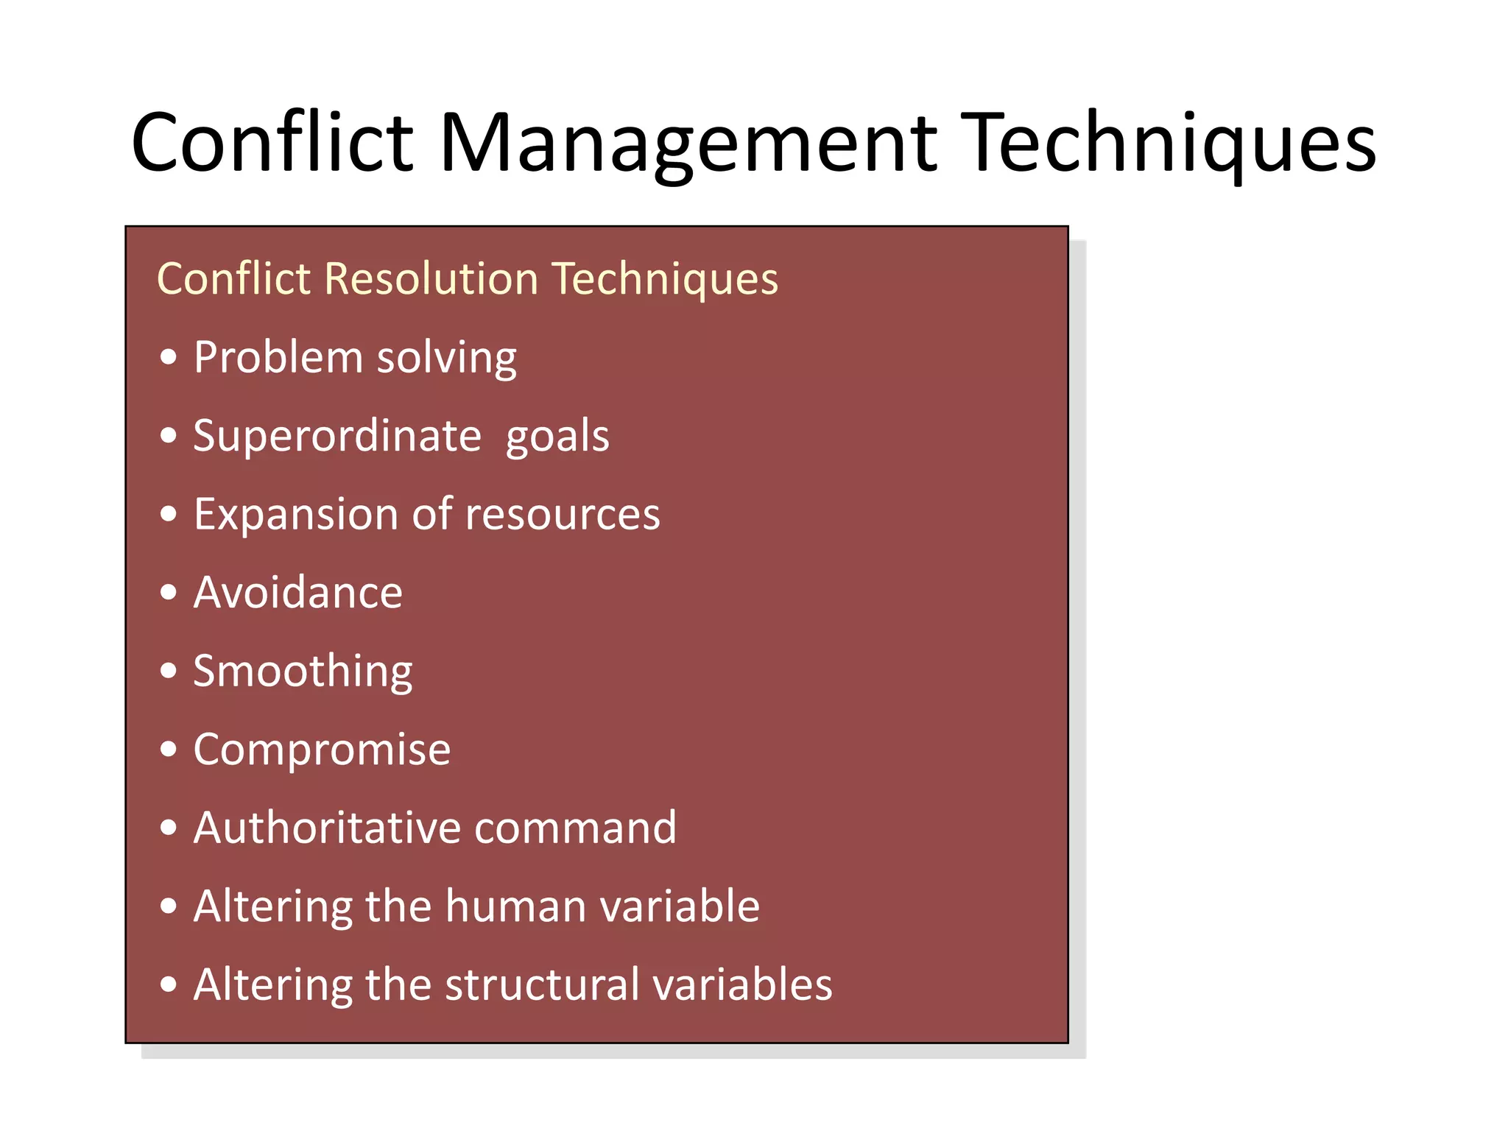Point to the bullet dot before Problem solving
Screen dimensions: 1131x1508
169,357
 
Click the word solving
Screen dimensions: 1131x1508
447,359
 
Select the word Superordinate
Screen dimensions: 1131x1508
337,435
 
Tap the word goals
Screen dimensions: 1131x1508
557,437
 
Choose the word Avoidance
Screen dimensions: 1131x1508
298,592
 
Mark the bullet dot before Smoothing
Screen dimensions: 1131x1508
169,671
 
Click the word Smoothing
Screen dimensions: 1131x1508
303,672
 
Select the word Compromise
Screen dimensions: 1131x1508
322,750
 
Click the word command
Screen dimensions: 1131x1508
575,828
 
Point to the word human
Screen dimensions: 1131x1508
514,906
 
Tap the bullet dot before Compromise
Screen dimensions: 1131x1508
169,750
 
